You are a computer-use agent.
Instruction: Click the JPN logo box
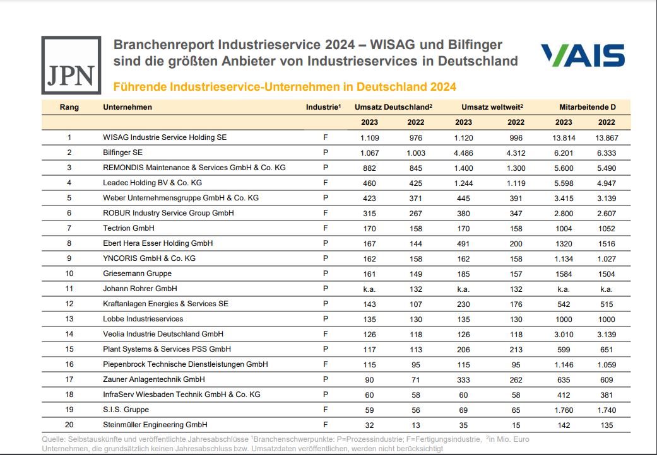[x=71, y=65]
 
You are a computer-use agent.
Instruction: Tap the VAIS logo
[x=583, y=55]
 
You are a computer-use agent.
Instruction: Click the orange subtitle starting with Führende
[x=284, y=86]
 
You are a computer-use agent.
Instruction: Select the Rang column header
[x=69, y=107]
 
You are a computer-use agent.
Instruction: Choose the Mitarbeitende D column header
[x=587, y=107]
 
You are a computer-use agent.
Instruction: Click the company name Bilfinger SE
[x=122, y=153]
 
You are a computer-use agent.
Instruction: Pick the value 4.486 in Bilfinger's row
[x=463, y=153]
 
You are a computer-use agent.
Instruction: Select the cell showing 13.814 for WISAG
[x=564, y=137]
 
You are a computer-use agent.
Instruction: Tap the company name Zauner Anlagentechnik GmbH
[x=153, y=379]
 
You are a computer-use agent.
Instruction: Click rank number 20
[x=69, y=425]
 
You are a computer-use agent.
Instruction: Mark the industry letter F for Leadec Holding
[x=325, y=183]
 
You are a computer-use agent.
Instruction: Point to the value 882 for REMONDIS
[x=369, y=168]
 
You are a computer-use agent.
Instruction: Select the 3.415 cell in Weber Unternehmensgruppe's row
[x=564, y=198]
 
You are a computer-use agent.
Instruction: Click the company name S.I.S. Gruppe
[x=125, y=410]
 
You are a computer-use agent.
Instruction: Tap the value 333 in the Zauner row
[x=463, y=379]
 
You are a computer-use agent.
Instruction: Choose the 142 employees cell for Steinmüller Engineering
[x=564, y=425]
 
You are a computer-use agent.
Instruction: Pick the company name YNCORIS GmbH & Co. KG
[x=149, y=258]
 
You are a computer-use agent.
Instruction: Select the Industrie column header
[x=323, y=107]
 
